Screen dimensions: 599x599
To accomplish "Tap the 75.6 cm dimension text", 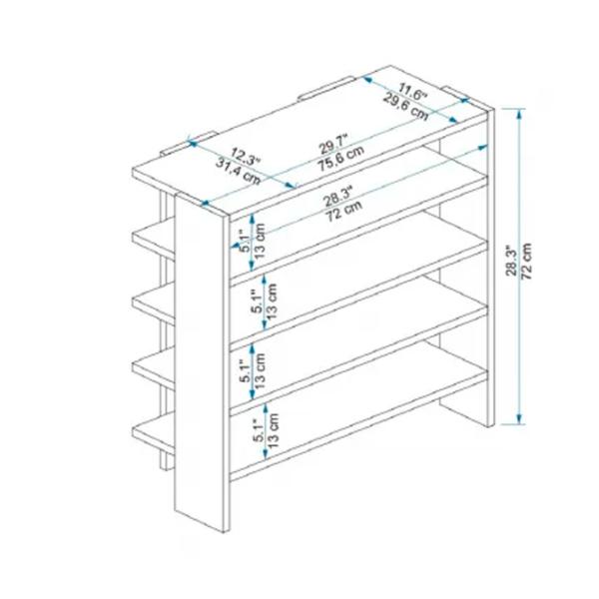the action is [x=341, y=158].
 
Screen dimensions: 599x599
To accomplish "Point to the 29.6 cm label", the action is [x=405, y=106].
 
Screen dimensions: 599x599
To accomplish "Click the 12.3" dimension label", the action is [x=245, y=158].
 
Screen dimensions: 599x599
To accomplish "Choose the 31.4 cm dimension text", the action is [x=239, y=171].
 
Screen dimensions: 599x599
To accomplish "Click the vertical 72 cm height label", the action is [x=527, y=261].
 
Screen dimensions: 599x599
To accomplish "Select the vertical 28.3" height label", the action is [x=511, y=261].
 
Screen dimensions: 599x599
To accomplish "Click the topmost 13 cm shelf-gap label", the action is [x=260, y=241].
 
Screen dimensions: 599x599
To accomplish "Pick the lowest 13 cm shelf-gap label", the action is [x=273, y=430].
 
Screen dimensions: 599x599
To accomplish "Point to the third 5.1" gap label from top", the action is [x=246, y=370].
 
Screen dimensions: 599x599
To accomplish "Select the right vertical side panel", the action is [x=491, y=268].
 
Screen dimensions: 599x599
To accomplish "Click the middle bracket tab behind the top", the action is [x=326, y=88].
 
